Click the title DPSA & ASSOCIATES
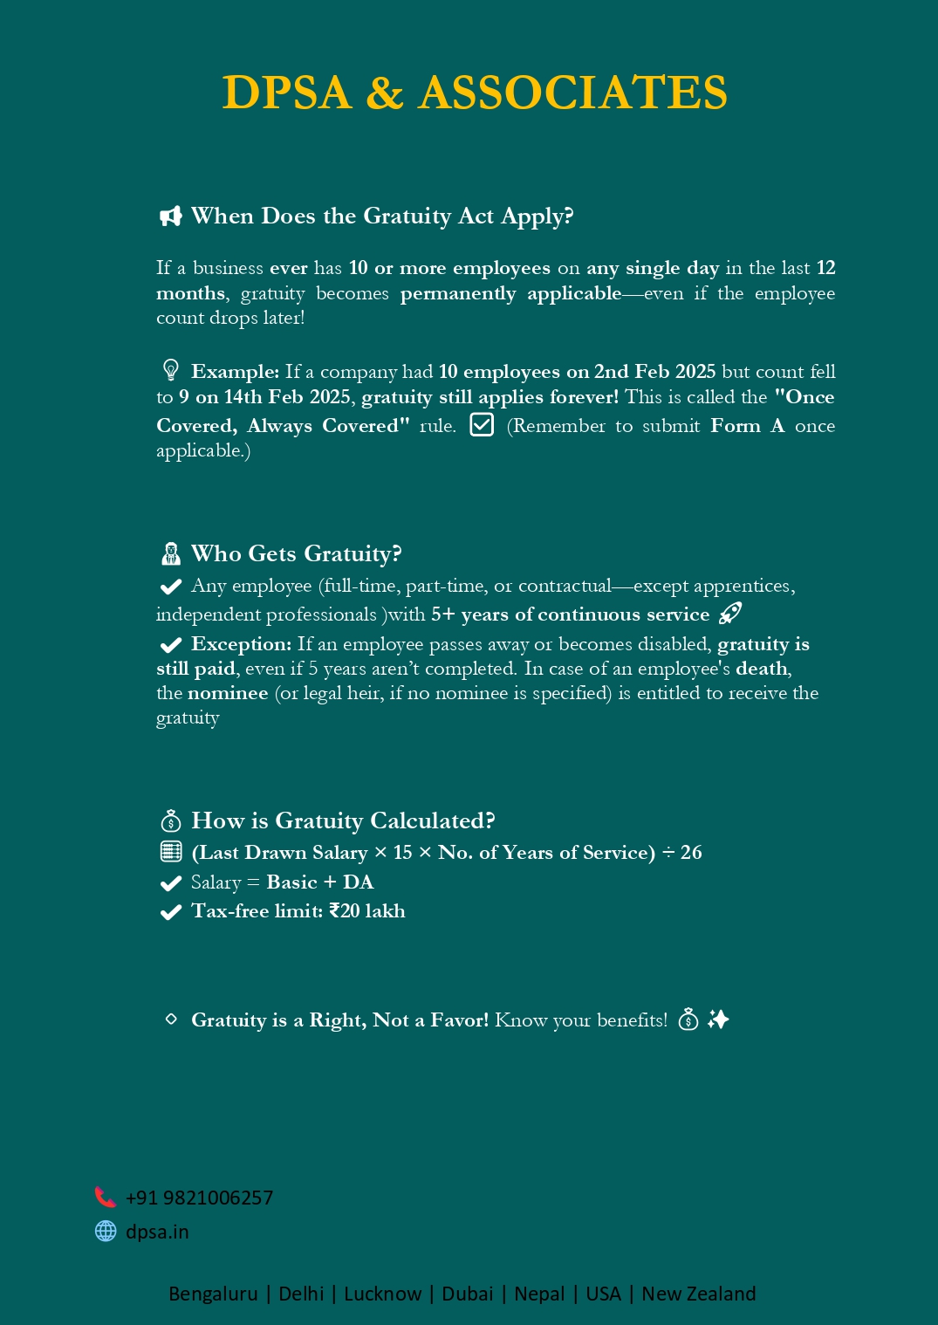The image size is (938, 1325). pyautogui.click(x=474, y=93)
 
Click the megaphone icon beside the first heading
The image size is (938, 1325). pyautogui.click(x=170, y=216)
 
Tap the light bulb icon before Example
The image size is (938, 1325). pyautogui.click(x=171, y=370)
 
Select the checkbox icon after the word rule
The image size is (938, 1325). pyautogui.click(x=482, y=424)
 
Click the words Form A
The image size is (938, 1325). pyautogui.click(x=747, y=426)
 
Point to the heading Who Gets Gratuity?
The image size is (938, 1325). pyautogui.click(x=296, y=553)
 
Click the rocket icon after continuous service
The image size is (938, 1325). pyautogui.click(x=729, y=614)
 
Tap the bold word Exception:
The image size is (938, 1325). pyautogui.click(x=241, y=644)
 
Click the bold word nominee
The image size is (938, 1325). pyautogui.click(x=228, y=693)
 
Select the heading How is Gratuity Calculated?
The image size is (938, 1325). pyautogui.click(x=343, y=820)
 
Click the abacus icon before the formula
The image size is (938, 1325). pyautogui.click(x=171, y=852)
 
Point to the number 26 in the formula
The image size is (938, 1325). pyautogui.click(x=691, y=853)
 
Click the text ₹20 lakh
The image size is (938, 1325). pyautogui.click(x=367, y=911)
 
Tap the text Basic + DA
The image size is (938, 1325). pyautogui.click(x=320, y=882)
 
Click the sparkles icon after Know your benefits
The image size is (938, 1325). pyautogui.click(x=718, y=1019)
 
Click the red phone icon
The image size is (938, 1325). pyautogui.click(x=105, y=1197)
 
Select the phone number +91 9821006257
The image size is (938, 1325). pyautogui.click(x=199, y=1198)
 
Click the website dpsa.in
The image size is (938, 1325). pyautogui.click(x=157, y=1232)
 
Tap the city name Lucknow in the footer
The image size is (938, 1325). pyautogui.click(x=382, y=1294)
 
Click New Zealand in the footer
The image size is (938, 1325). pyautogui.click(x=698, y=1294)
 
